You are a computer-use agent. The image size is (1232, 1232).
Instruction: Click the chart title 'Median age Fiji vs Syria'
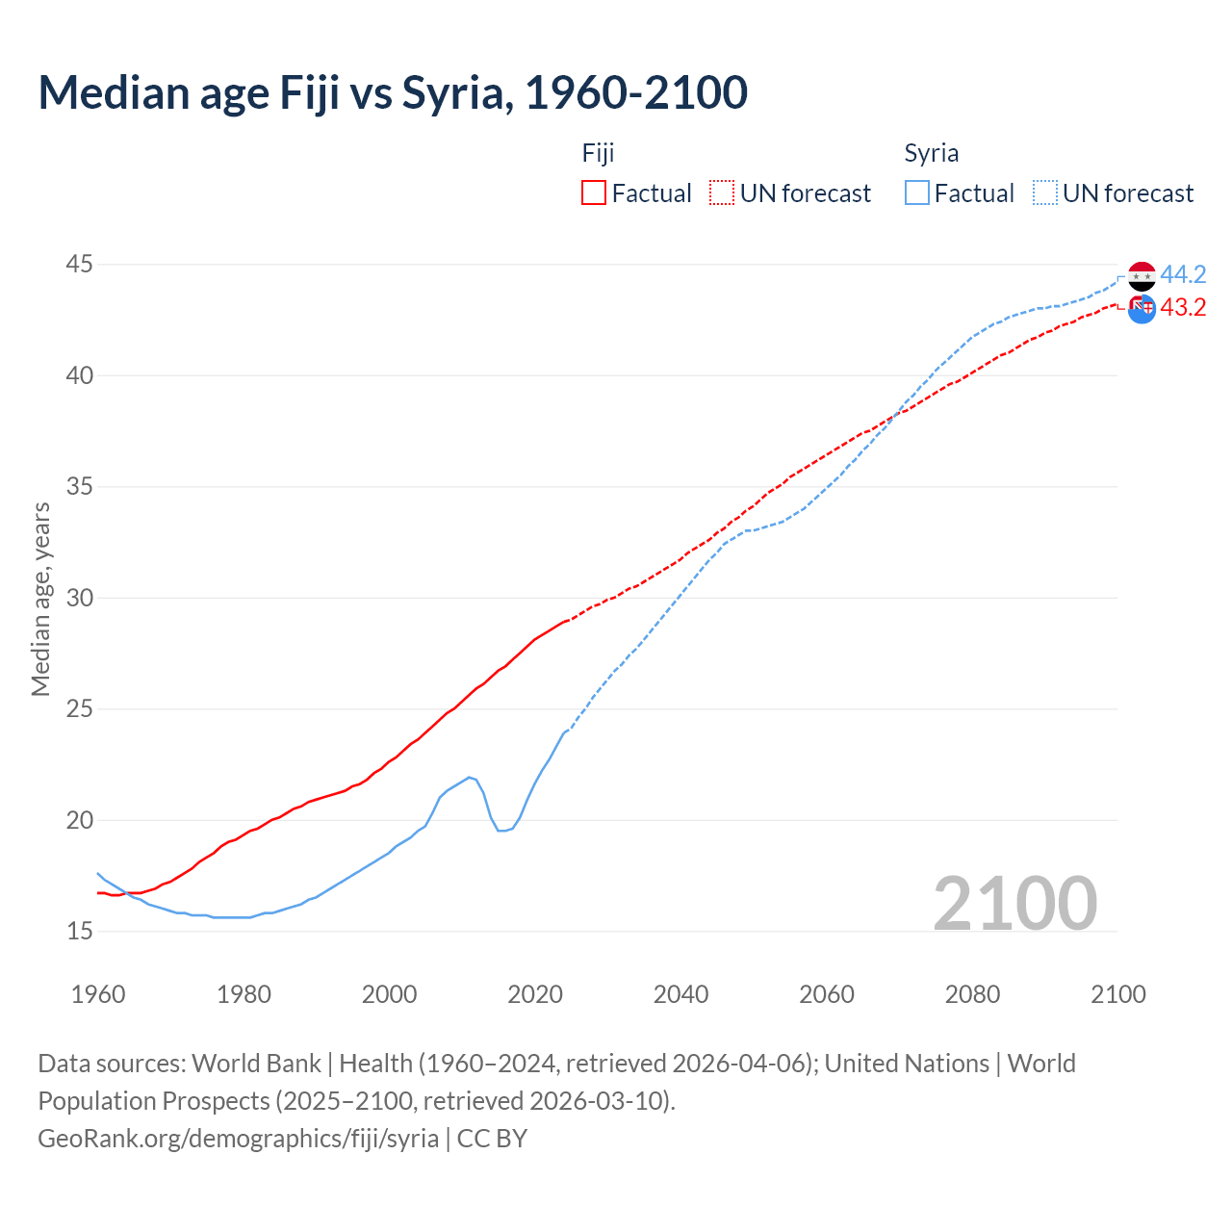(393, 93)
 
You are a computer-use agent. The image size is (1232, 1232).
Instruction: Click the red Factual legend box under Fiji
(594, 193)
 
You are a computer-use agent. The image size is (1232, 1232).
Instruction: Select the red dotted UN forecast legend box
(722, 193)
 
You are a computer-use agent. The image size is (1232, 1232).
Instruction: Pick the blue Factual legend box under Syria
(917, 193)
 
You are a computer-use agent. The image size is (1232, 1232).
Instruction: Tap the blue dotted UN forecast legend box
(1045, 193)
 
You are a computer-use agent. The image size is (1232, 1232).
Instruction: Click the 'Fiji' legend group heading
(598, 153)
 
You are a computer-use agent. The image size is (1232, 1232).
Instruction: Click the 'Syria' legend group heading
(931, 153)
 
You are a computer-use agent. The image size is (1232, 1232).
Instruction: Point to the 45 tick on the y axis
(80, 264)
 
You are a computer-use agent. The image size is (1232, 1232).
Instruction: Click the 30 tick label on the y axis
(80, 598)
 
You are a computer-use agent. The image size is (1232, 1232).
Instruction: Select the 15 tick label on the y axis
(80, 931)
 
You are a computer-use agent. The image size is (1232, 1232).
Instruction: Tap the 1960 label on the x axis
(98, 994)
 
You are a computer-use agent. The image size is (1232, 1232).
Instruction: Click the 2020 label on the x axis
(535, 994)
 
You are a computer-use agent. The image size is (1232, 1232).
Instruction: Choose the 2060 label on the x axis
(827, 994)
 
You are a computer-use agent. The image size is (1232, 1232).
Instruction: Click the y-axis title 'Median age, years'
(40, 599)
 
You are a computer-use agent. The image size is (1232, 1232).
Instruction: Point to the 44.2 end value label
(1183, 275)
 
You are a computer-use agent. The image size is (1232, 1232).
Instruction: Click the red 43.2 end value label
(1183, 308)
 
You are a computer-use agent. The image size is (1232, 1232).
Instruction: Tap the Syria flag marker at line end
(1142, 276)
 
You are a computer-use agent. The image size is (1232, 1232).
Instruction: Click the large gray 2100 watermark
(1014, 903)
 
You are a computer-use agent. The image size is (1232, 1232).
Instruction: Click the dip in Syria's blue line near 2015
(501, 830)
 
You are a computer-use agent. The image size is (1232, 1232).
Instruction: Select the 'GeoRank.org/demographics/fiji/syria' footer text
(239, 1139)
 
